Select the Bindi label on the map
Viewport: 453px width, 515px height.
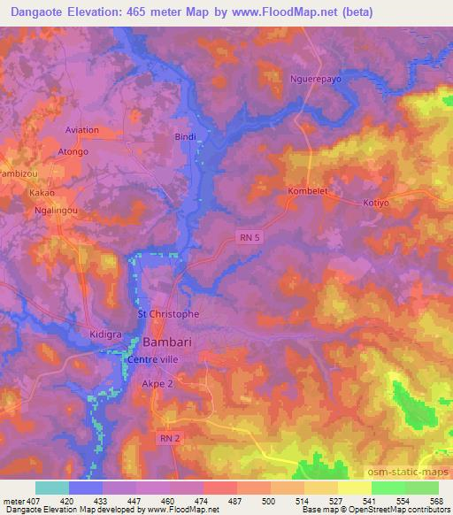[185, 137]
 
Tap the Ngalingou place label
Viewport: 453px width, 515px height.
[55, 212]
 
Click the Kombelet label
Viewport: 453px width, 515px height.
[309, 191]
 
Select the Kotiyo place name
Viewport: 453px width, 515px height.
[377, 203]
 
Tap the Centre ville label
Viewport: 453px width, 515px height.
[153, 359]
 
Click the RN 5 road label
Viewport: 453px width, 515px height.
[250, 234]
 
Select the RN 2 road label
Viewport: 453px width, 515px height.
[167, 437]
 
